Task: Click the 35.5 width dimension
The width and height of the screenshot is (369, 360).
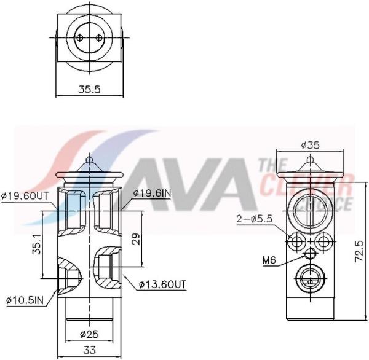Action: pyautogui.click(x=89, y=90)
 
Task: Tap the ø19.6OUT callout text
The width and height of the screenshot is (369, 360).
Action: pyautogui.click(x=25, y=195)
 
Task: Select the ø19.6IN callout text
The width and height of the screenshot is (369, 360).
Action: pyautogui.click(x=152, y=194)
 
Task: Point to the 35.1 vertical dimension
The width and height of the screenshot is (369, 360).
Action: pyautogui.click(x=38, y=244)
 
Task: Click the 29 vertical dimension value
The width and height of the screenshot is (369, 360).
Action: pyautogui.click(x=136, y=239)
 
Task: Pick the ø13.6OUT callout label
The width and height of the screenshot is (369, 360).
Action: pyautogui.click(x=162, y=284)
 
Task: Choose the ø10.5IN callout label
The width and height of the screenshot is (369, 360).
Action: pyautogui.click(x=25, y=300)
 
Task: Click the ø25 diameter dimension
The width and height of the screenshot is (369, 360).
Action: pyautogui.click(x=89, y=334)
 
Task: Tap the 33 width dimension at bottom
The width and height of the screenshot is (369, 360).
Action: pyautogui.click(x=90, y=350)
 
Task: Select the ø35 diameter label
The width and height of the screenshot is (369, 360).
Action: pyautogui.click(x=311, y=146)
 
